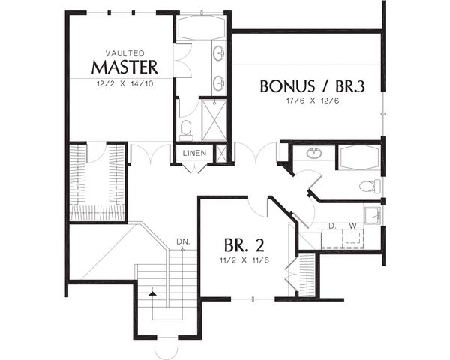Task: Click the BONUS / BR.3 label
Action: click(x=312, y=86)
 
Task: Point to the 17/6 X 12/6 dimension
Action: click(x=312, y=101)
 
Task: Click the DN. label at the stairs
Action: click(x=181, y=241)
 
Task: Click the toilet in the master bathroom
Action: click(x=186, y=130)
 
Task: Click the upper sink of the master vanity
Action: click(x=219, y=53)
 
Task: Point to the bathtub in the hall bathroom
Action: click(x=359, y=157)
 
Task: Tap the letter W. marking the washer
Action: click(x=352, y=225)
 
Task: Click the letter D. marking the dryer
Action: click(x=331, y=225)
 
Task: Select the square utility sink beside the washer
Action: click(x=373, y=215)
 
